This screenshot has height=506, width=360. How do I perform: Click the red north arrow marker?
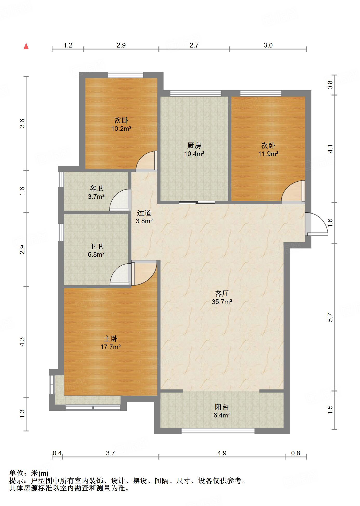coord(26,46)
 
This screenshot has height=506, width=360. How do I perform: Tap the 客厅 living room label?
coord(222,293)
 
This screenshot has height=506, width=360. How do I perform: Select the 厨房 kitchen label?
coord(194,145)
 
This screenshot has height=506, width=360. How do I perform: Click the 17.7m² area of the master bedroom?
coord(111,347)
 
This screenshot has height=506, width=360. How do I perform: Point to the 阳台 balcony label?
coord(222,407)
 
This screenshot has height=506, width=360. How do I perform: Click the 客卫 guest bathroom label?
coord(96,188)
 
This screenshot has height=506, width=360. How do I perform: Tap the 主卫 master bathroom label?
coord(96,246)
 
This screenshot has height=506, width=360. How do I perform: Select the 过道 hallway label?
coord(144,213)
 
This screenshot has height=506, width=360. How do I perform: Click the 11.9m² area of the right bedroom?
coord(268,154)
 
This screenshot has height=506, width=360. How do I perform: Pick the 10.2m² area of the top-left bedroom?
coord(121,129)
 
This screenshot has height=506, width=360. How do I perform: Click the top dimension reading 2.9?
coord(121,45)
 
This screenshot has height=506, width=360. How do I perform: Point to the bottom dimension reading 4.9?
coord(222,453)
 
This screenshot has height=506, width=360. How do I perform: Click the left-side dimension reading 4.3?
coord(22,342)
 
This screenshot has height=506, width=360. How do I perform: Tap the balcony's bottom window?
coord(218,431)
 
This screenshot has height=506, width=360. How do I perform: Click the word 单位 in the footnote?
coord(16,473)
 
